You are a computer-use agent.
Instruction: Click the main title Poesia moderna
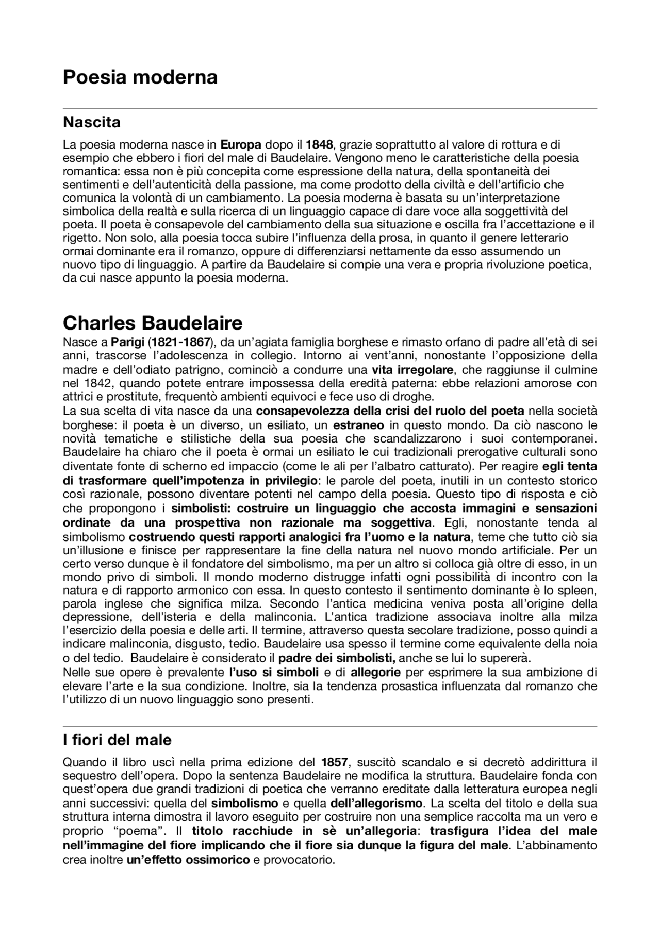tap(140, 77)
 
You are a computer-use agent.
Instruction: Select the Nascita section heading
tap(91, 122)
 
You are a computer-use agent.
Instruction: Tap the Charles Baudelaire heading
tap(153, 323)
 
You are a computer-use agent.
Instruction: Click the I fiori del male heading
tap(117, 740)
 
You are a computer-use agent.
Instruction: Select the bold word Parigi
tap(128, 342)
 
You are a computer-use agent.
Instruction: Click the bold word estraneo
tap(358, 425)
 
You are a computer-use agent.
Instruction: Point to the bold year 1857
tap(335, 762)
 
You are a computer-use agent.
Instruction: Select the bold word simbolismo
tap(244, 804)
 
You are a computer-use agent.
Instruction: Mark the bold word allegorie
tap(375, 673)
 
